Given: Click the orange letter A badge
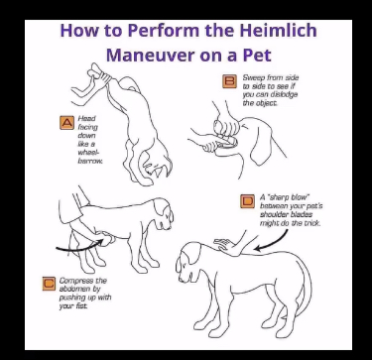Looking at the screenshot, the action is point(66,122).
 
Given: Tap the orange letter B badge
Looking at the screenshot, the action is point(229,81).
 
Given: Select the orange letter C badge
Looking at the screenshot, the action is point(49,284).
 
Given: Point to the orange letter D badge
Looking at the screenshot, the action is point(247,201).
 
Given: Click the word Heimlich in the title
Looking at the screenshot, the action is point(279,30).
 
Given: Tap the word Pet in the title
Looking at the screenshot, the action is point(257,55).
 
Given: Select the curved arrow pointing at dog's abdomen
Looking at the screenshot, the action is point(79,246).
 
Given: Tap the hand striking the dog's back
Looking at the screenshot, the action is point(226,244).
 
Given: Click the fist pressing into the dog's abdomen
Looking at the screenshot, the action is point(107,238).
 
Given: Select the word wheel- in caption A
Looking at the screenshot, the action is point(88,153).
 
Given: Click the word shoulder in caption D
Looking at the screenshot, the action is point(272,214).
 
